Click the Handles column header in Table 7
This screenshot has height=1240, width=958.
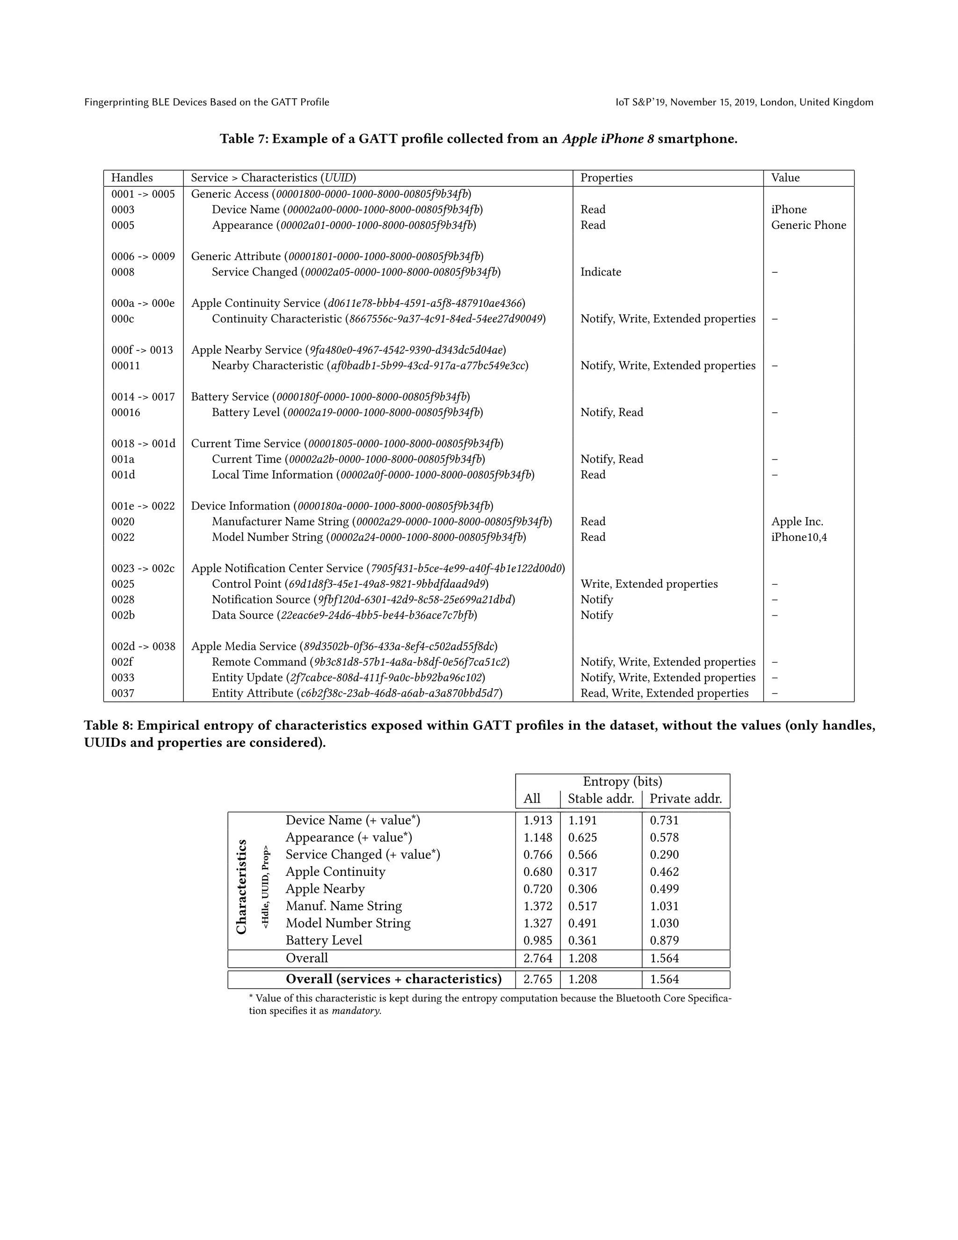click(131, 178)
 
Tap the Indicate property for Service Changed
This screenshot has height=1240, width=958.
click(601, 272)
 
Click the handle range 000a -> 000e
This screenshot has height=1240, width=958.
click(143, 303)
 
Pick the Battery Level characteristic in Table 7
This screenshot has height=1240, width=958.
click(348, 412)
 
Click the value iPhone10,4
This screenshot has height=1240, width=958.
click(798, 537)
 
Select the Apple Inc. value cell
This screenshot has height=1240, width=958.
click(797, 521)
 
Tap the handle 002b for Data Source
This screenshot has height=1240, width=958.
click(123, 615)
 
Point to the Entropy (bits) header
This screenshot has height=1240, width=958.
click(623, 781)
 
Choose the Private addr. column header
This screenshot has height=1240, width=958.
click(686, 799)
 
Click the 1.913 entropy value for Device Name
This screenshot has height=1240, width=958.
click(537, 820)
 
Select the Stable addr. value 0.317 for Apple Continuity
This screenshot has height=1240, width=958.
click(583, 872)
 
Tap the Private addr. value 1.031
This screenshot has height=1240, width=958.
click(664, 906)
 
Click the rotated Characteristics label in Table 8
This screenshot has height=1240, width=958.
click(242, 886)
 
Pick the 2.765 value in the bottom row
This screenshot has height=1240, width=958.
click(537, 979)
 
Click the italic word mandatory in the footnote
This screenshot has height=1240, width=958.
click(356, 1011)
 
